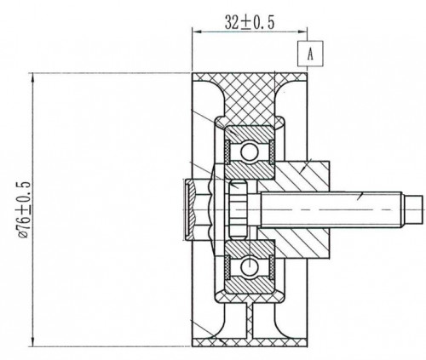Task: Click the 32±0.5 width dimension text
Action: pos(250,23)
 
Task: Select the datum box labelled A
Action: pos(310,54)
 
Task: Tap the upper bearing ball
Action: pos(250,151)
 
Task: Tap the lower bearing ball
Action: pos(250,266)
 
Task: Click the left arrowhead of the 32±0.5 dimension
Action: pos(197,31)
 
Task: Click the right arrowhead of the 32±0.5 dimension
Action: pos(302,31)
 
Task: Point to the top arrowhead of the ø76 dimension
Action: pos(33,77)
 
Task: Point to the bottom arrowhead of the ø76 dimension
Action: pos(33,341)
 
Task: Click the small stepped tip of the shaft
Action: pos(412,209)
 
